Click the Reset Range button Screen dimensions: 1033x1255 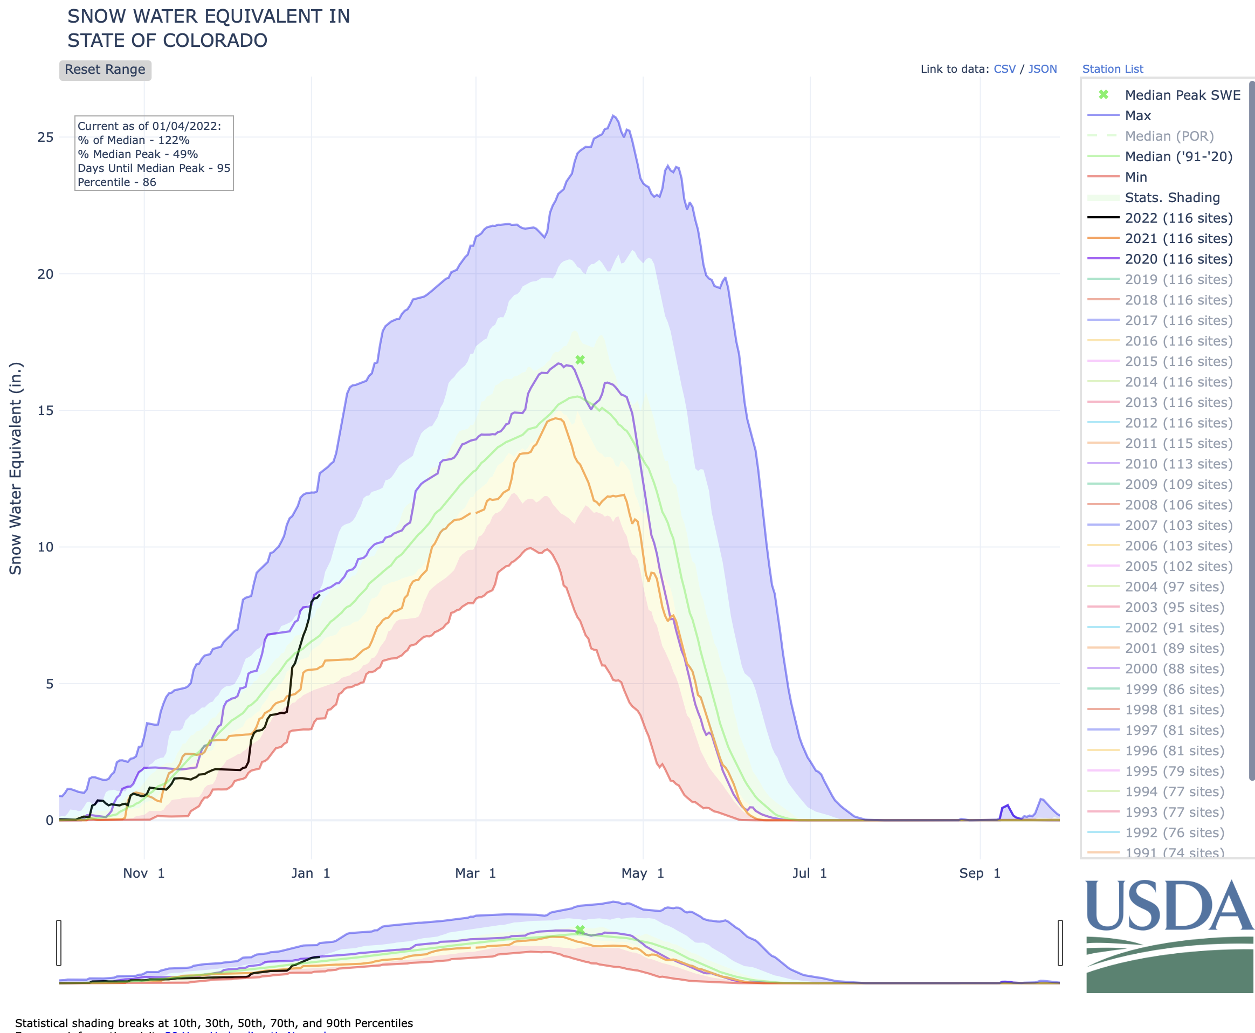coord(105,70)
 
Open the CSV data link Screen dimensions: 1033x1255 coord(1004,69)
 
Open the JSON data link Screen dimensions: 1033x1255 coord(1043,69)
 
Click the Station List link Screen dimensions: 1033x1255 coord(1112,69)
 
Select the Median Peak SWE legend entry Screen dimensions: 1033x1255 coord(1182,95)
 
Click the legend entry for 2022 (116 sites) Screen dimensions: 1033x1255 coord(1178,218)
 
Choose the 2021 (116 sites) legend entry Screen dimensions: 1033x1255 coord(1178,239)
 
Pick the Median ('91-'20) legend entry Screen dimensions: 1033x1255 coord(1178,156)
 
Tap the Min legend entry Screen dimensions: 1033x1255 coord(1135,177)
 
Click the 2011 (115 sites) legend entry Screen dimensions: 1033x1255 coord(1178,443)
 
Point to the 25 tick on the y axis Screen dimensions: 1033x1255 coord(45,137)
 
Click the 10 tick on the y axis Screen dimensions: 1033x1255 coord(45,547)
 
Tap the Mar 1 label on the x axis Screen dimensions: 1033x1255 coord(475,873)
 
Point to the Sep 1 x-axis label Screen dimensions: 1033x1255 coord(980,873)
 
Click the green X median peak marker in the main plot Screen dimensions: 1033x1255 coord(580,360)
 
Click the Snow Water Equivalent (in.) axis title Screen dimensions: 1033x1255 coord(16,469)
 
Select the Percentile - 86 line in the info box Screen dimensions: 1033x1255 coord(116,182)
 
